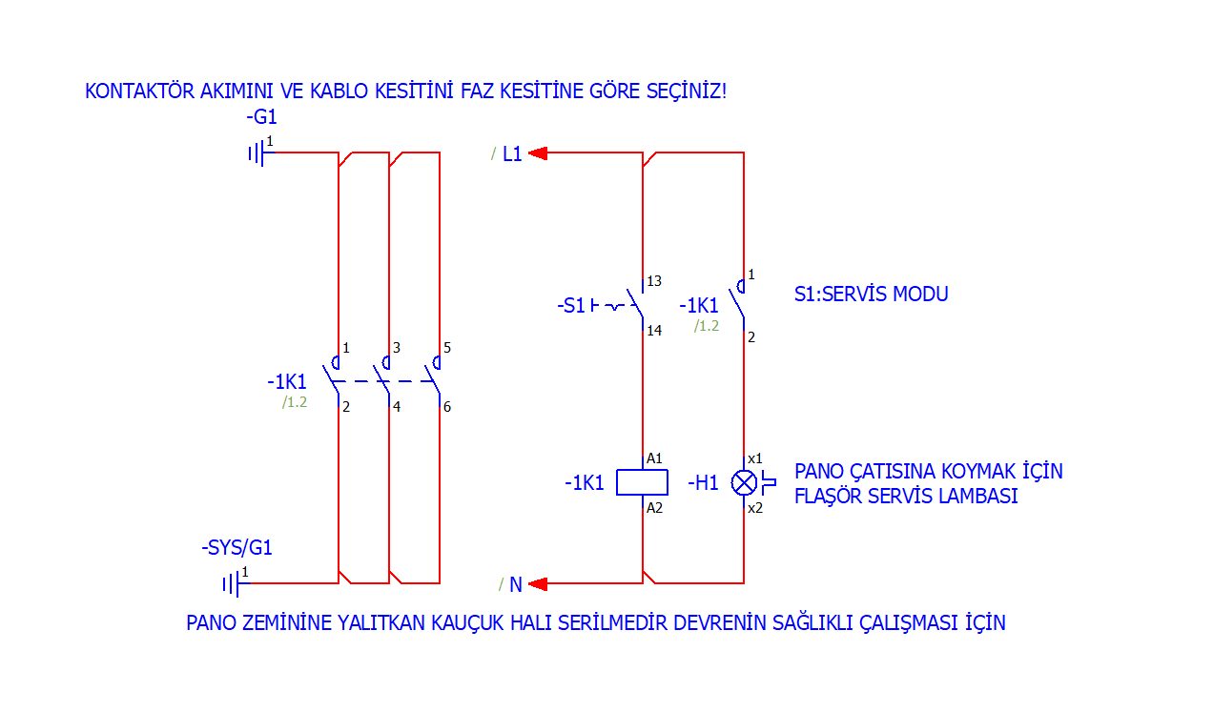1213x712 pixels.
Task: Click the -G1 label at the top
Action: [261, 118]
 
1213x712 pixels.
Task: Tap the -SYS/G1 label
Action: [236, 548]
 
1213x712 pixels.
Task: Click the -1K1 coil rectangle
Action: [642, 482]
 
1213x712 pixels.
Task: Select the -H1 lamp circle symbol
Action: [744, 482]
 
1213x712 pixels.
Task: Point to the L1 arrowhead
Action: [537, 153]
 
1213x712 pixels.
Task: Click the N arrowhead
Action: [537, 583]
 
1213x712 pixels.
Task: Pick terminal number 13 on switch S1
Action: [654, 281]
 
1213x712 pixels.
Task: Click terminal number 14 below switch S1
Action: [654, 331]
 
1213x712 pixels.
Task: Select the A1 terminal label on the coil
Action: [654, 458]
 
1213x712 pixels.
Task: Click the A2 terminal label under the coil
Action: [654, 508]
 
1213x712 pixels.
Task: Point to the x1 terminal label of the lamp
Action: [754, 458]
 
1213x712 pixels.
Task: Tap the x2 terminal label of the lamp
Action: [754, 508]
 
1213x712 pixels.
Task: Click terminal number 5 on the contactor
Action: [447, 348]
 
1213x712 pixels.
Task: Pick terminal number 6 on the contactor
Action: [447, 407]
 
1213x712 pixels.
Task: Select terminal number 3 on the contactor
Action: [396, 348]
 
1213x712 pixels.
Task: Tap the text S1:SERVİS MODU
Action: [871, 294]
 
